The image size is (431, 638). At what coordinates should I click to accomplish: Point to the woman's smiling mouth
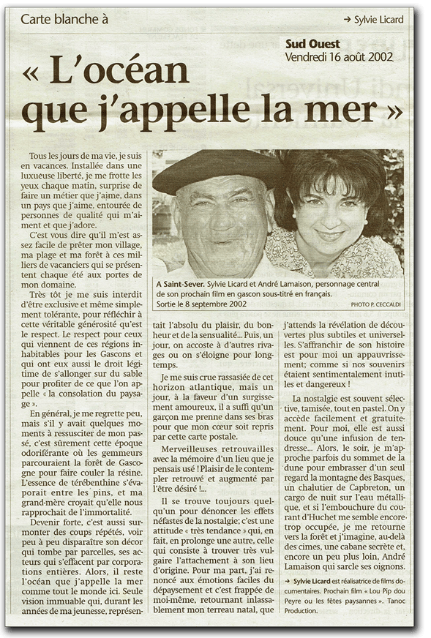tap(330, 237)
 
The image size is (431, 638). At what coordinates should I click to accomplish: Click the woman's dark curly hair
tap(337, 176)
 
